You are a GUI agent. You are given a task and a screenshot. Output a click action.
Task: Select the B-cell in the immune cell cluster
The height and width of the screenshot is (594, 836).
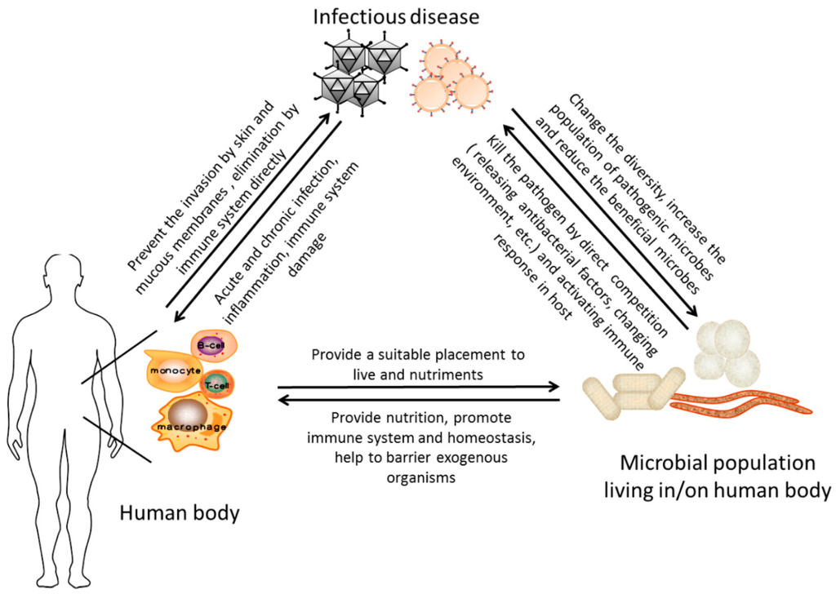point(211,346)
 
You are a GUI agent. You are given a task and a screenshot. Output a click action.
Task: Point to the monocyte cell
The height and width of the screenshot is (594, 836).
point(174,371)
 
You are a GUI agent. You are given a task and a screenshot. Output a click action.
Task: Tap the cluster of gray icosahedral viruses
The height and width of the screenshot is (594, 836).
point(357,73)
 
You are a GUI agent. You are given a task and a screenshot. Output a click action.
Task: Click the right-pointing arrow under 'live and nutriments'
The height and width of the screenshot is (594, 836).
point(418,386)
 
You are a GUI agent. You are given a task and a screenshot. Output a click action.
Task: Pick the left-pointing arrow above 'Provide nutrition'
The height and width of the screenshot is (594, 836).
point(418,400)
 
